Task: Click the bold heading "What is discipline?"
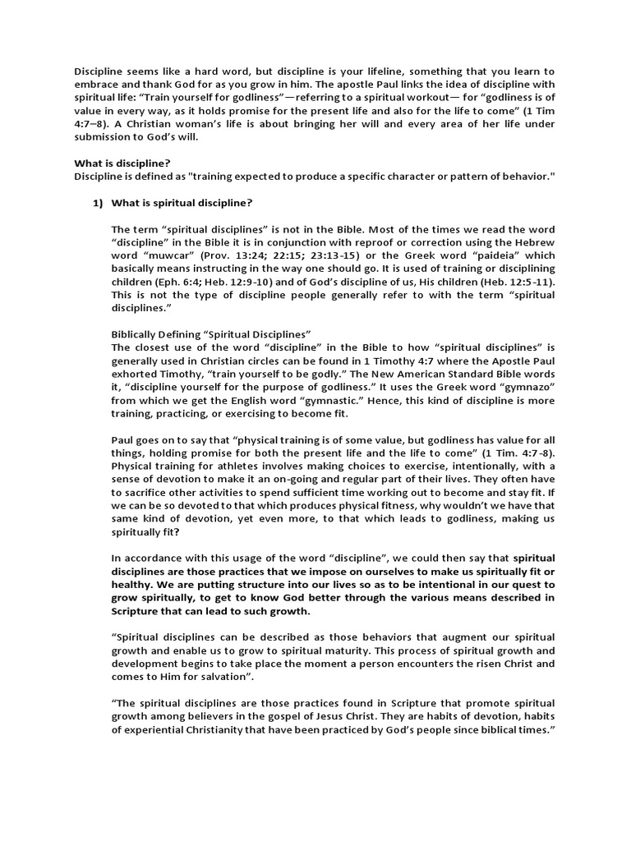[122, 163]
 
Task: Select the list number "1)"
[97, 203]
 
